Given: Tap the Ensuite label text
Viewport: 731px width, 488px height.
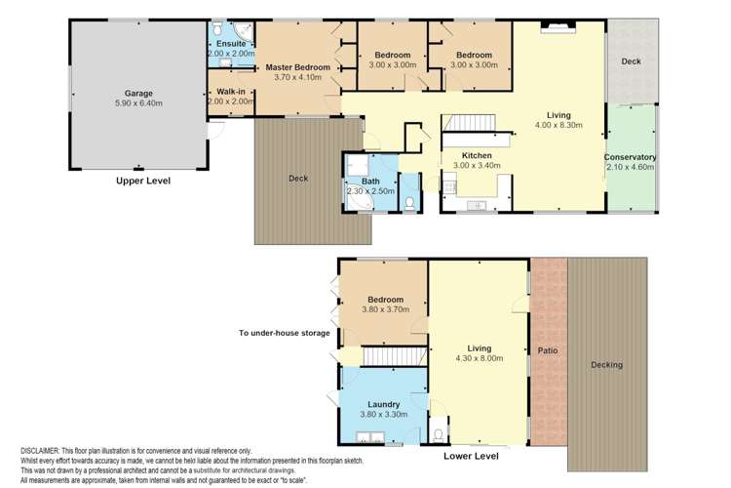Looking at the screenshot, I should click(231, 44).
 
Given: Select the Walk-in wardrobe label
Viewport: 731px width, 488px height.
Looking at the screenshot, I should click(231, 91).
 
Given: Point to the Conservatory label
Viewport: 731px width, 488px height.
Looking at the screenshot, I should click(630, 158).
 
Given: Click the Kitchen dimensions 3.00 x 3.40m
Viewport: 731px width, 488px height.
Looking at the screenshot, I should click(477, 166).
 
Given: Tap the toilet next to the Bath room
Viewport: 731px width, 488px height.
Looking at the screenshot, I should click(409, 203).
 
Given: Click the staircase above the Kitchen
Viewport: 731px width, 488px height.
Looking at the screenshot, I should click(470, 125).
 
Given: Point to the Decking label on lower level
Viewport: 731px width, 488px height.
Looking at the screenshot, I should click(609, 366).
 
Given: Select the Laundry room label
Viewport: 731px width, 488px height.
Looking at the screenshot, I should click(384, 404).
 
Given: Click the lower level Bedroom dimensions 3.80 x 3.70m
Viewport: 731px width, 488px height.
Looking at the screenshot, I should click(384, 309).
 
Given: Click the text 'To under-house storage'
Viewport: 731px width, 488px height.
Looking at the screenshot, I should click(284, 333).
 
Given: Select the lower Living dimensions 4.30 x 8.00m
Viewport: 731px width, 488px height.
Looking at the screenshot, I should click(479, 358).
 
